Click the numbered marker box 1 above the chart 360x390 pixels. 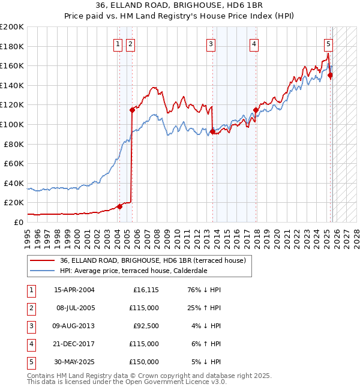click(x=118, y=43)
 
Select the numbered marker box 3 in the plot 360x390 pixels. click(x=211, y=43)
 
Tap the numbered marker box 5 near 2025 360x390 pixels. click(x=329, y=43)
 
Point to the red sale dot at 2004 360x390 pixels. click(x=119, y=206)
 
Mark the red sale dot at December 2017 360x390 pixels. click(x=256, y=110)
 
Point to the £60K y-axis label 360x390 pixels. click(x=13, y=163)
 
